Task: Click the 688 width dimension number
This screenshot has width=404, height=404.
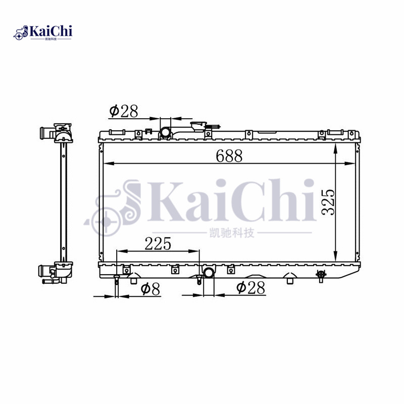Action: click(229, 156)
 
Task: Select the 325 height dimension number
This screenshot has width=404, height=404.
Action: click(328, 202)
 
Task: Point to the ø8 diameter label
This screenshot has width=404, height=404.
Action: click(150, 289)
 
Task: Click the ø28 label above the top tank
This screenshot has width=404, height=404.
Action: click(123, 111)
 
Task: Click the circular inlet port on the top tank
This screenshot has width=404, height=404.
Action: click(165, 133)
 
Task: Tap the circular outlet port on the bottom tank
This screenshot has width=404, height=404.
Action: click(209, 273)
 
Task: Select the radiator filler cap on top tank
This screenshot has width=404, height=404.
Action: click(199, 126)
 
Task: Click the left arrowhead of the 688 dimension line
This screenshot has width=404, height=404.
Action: click(106, 163)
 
